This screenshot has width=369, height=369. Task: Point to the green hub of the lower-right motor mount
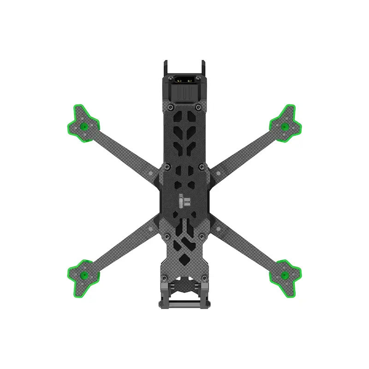(285, 275)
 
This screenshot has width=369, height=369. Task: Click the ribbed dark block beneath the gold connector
(184, 94)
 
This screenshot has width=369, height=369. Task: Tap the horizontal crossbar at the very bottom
(184, 304)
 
